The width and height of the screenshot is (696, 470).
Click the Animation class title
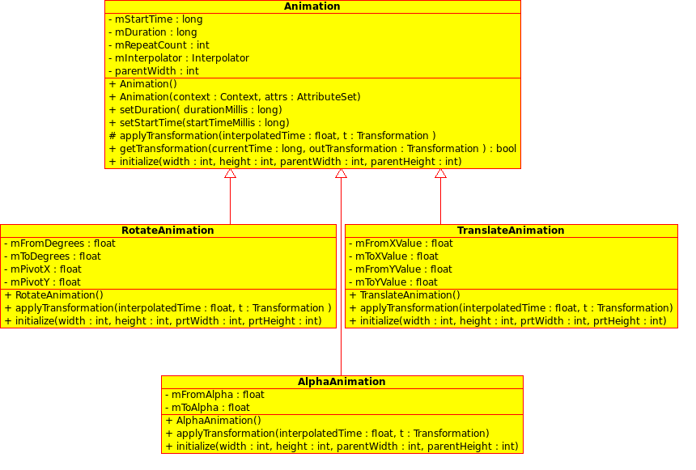[312, 6]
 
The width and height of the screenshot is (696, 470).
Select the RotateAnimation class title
[168, 231]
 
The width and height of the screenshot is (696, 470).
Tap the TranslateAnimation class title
[511, 231]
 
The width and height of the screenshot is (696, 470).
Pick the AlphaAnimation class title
[342, 382]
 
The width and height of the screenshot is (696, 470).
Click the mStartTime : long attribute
[155, 19]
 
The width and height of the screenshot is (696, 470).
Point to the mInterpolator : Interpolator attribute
[178, 58]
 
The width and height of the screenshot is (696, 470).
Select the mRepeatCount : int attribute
[159, 45]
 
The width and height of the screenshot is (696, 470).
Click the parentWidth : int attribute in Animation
[153, 71]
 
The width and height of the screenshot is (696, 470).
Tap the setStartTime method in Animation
[198, 123]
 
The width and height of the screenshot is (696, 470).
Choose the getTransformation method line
[312, 149]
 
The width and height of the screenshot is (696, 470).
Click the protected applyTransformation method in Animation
[272, 136]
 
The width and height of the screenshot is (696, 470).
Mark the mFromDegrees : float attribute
[60, 243]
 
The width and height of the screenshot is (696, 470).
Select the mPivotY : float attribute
[43, 282]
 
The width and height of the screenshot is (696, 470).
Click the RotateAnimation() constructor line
[54, 295]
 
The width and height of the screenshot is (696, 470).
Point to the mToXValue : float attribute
[393, 256]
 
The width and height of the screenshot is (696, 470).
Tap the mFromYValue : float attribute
[401, 269]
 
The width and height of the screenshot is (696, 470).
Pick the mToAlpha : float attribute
[207, 408]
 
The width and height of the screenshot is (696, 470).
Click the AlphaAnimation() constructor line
[213, 421]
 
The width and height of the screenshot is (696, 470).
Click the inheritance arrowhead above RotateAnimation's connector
[230, 174]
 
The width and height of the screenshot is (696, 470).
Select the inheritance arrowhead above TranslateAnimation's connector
[440, 174]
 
